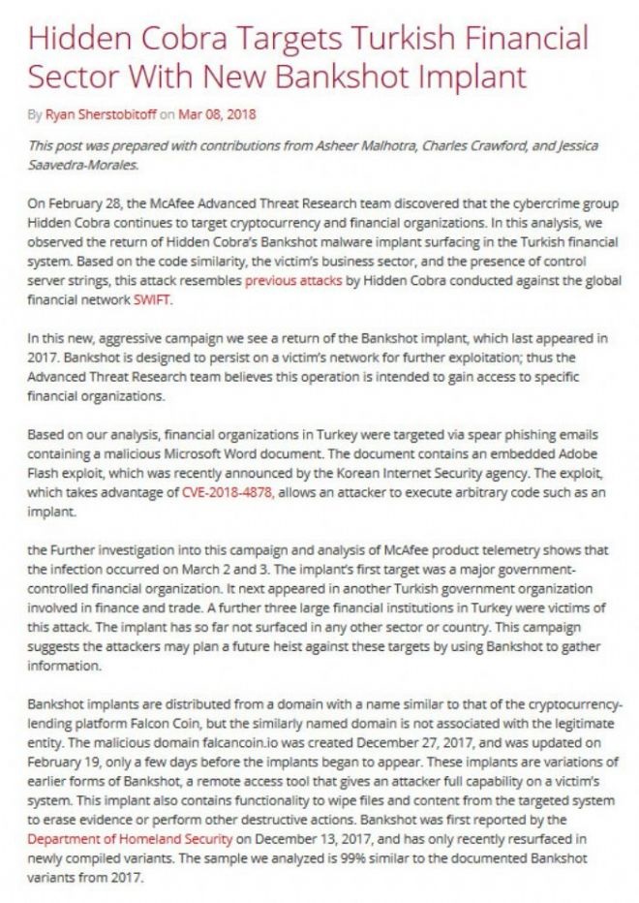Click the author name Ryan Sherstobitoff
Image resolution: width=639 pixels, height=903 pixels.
(x=101, y=114)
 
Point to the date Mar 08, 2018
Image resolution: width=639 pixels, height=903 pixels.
(x=217, y=114)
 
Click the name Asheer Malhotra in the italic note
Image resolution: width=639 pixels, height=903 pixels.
(x=368, y=145)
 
